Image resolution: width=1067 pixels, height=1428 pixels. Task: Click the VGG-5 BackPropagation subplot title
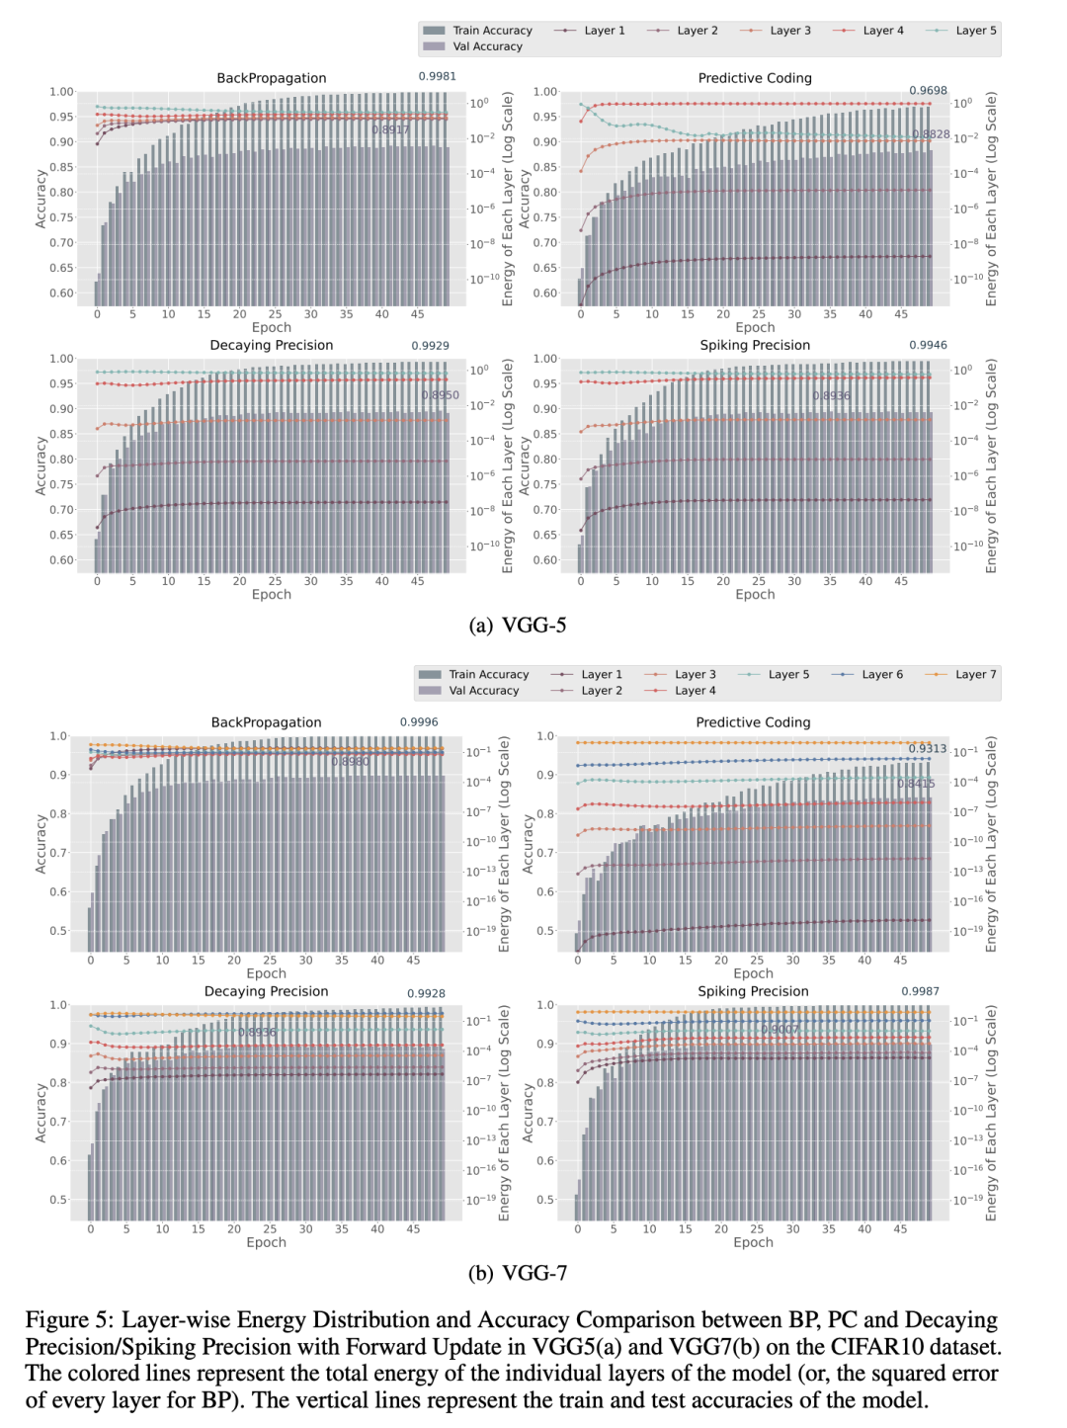coord(272,78)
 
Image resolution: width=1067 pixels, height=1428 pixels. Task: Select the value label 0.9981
coord(437,76)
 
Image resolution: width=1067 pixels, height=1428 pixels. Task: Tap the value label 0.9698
coord(928,90)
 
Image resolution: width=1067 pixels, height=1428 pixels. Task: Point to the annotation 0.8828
coord(931,134)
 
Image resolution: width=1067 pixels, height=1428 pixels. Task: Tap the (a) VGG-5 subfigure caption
coord(517,625)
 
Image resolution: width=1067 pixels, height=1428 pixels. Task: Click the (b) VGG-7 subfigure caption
coord(517,1273)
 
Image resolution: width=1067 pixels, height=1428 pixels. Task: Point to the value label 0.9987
coord(920,991)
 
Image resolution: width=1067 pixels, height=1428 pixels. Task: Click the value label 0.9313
coord(928,748)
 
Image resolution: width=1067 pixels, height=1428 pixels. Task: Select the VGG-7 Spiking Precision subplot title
coord(753,991)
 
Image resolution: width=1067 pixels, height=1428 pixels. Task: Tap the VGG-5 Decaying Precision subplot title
coord(272,345)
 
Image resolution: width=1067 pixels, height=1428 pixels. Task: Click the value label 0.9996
coord(419,722)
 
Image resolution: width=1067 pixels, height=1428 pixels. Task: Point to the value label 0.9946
coord(928,345)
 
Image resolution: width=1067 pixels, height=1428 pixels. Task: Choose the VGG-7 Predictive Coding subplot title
coord(753,722)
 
